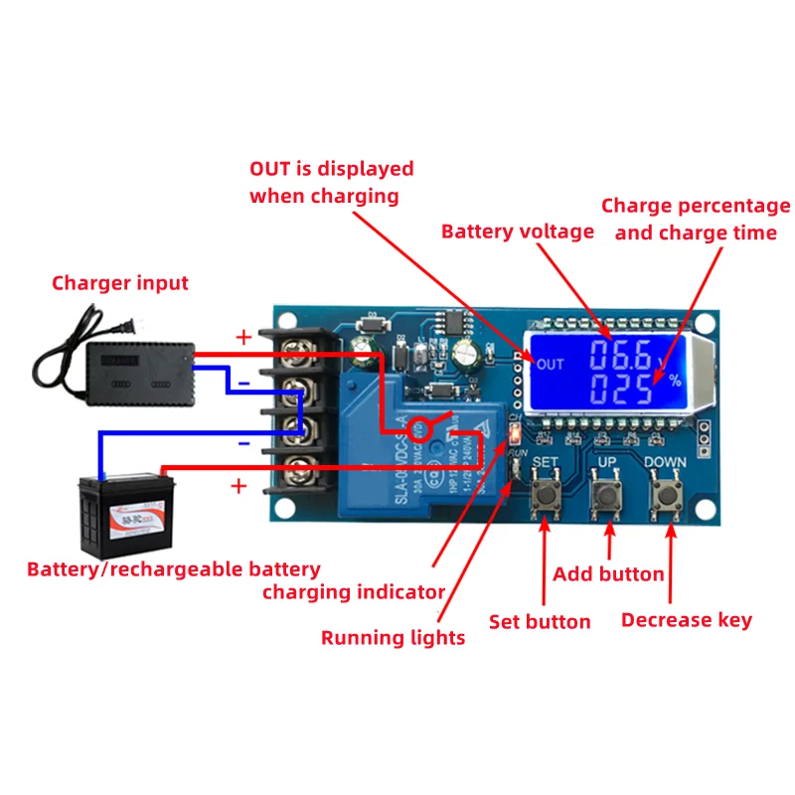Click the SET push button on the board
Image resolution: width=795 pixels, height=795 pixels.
pos(545,496)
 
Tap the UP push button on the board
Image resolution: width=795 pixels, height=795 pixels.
pos(606,496)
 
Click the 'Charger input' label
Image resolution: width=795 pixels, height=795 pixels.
pos(120,283)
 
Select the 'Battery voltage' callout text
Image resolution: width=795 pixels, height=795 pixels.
pos(517,232)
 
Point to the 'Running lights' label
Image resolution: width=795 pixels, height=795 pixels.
pos(393,637)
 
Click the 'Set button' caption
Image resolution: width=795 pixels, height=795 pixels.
pos(540,622)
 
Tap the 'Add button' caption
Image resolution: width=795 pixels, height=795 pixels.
pos(608,573)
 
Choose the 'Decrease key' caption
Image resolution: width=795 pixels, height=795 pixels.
pos(686,620)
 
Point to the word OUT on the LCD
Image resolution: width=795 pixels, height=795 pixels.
pos(549,365)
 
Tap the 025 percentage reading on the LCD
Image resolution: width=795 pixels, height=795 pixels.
pos(617,389)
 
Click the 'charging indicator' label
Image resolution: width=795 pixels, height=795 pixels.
pos(353,592)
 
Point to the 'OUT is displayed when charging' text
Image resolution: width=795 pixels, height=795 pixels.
pos(331,182)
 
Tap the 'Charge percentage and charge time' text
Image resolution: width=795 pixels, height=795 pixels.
pos(696,219)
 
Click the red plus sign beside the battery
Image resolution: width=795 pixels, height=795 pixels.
pos(238,486)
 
